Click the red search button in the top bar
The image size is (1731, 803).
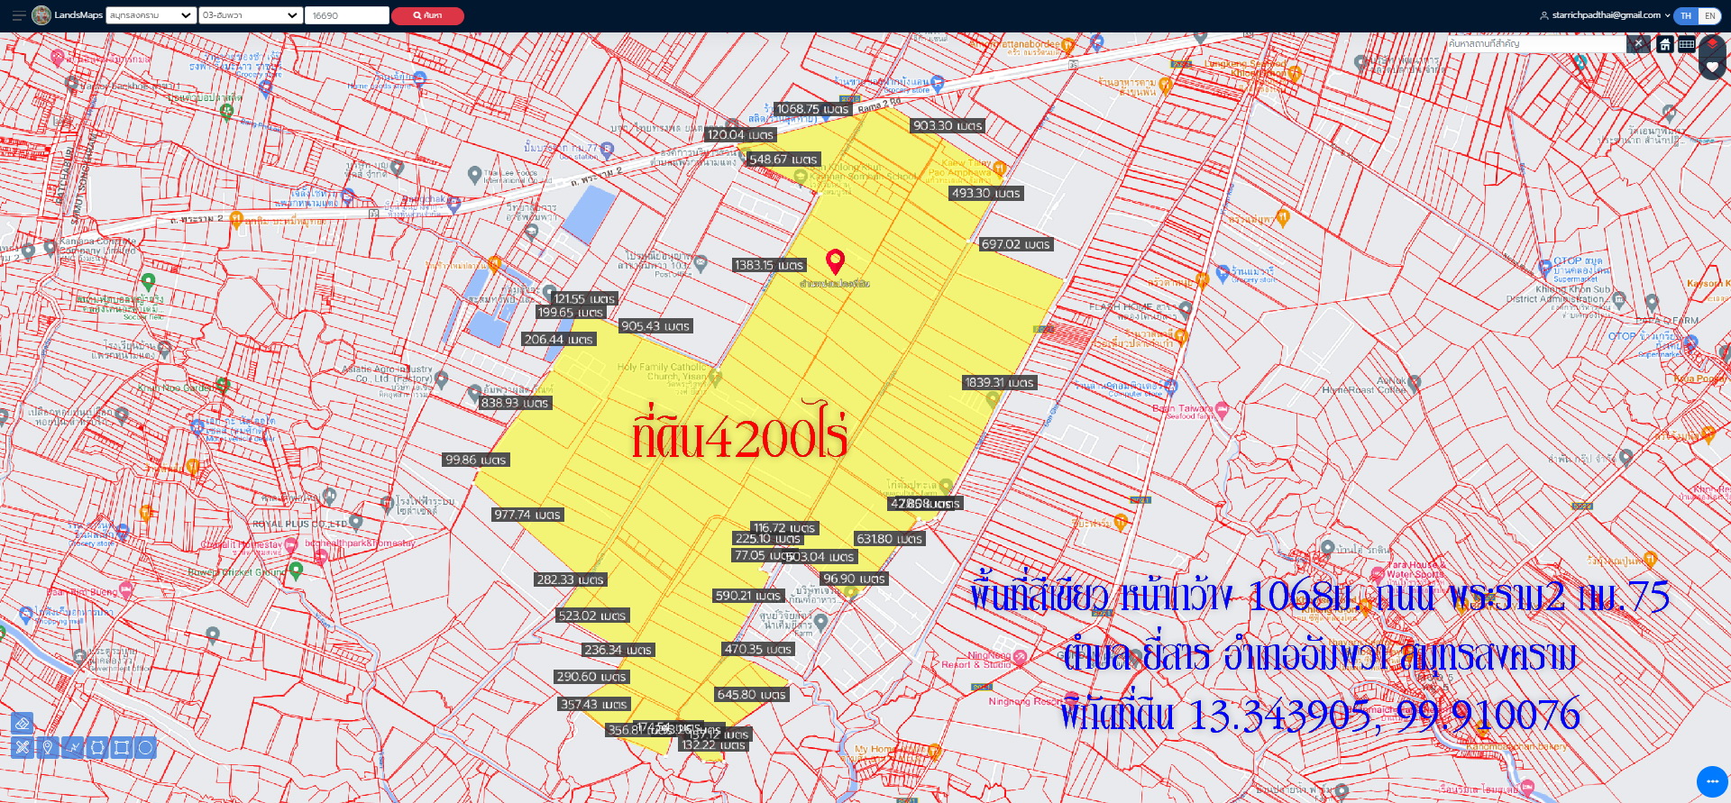[426, 15]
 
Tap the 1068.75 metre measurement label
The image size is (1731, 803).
[812, 109]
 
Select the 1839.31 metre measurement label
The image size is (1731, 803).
[999, 383]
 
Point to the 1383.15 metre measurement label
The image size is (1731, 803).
[768, 265]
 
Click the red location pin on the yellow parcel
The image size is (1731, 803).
[836, 261]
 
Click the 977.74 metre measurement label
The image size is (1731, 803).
[527, 515]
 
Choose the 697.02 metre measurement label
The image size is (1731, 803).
[1015, 244]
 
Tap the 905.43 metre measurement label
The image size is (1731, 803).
[655, 326]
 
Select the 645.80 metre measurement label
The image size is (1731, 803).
[752, 695]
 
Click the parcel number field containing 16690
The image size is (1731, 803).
[346, 15]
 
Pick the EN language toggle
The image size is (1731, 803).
[1709, 15]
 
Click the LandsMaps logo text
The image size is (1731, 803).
[78, 15]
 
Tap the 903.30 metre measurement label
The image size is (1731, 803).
[948, 126]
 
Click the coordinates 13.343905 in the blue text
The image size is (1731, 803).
[1280, 716]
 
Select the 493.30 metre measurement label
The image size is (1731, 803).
[985, 193]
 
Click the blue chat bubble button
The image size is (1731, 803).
[1711, 781]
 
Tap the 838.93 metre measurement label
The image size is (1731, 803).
[515, 403]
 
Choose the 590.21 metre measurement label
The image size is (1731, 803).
[748, 596]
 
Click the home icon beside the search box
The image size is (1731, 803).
[1665, 44]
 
